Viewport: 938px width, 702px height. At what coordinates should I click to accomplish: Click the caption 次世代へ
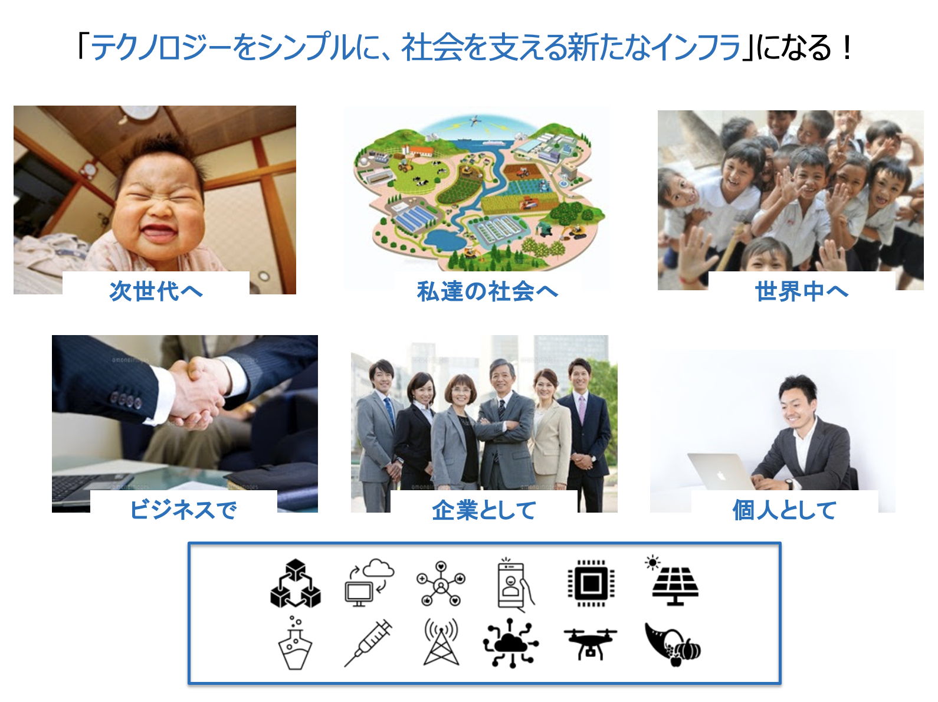point(156,291)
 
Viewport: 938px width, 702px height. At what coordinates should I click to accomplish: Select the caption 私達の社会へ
point(487,291)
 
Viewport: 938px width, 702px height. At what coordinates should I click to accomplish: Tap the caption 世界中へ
point(801,291)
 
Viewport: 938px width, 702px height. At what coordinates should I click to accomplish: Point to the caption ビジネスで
point(183,509)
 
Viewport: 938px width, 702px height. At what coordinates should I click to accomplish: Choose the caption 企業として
point(484,509)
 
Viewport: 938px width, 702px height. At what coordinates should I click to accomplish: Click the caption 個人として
point(785,509)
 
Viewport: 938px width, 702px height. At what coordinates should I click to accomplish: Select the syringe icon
point(368,642)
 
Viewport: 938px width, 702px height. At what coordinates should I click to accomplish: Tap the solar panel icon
point(673,580)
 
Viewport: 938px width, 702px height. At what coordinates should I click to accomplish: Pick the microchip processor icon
point(591,583)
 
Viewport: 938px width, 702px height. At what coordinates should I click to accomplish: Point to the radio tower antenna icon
point(441,642)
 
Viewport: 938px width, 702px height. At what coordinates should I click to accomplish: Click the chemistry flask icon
point(295,642)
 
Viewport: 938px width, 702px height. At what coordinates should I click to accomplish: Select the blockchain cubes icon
point(296,583)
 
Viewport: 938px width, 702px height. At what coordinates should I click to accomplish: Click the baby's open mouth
point(159,234)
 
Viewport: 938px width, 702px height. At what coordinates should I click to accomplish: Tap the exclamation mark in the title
point(846,47)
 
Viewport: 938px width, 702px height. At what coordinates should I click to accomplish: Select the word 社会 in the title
point(432,47)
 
